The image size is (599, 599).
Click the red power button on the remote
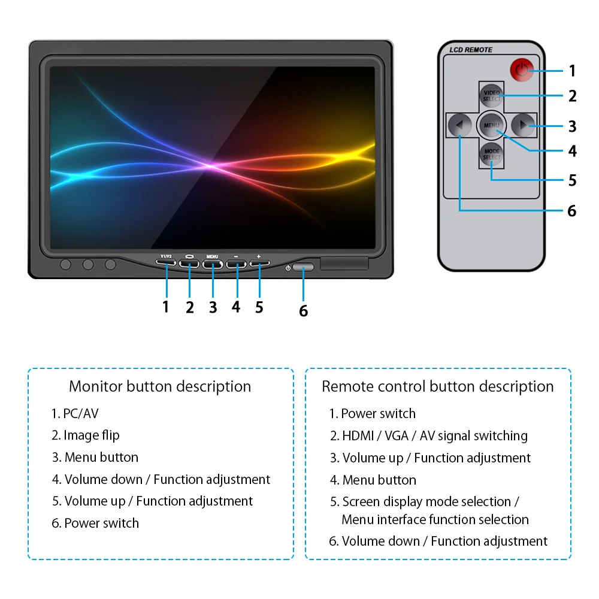521,70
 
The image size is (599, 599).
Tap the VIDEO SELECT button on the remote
491,95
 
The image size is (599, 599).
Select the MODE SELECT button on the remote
491,155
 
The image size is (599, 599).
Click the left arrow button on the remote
459,125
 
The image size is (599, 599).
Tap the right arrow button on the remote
524,125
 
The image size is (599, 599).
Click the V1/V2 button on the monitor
166,261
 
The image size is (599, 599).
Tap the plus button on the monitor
259,261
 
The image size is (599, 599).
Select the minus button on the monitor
237,262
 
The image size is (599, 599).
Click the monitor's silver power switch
303,268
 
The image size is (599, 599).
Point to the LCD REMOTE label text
471,50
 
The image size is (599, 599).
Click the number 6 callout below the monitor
303,311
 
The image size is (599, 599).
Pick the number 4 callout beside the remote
572,151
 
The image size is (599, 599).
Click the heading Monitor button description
160,386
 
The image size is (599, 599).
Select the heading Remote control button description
438,386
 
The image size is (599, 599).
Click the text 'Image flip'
92,435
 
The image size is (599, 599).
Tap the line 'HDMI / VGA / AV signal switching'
435,436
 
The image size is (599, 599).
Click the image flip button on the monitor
189,262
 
